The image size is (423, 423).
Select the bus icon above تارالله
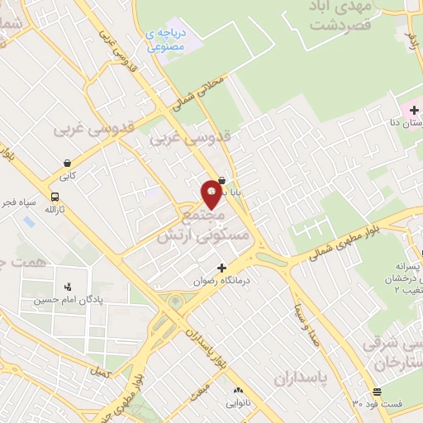(55, 197)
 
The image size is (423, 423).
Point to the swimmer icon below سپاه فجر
(29, 221)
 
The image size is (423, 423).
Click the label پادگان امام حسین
(63, 301)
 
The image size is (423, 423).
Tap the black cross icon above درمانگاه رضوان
(221, 267)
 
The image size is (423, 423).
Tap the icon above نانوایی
(239, 390)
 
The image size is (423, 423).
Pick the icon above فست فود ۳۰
(377, 391)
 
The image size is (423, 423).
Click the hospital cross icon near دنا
(414, 110)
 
